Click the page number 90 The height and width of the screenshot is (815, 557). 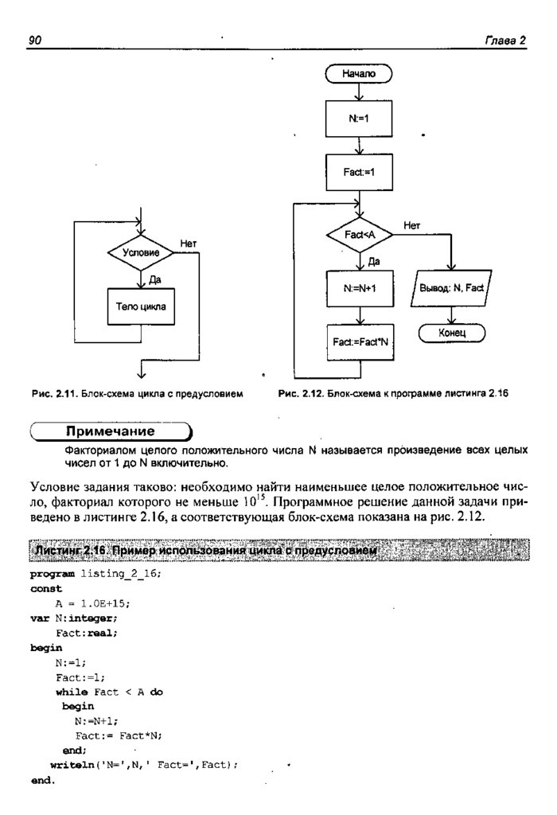[35, 41]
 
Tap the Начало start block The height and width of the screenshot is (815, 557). [359, 74]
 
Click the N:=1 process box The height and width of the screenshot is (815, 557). [359, 119]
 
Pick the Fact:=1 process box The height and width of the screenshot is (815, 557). [359, 173]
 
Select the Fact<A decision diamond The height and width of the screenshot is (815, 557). [359, 236]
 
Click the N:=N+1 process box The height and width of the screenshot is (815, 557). [359, 289]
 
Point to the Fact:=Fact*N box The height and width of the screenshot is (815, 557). [359, 342]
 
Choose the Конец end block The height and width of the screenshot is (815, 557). [452, 330]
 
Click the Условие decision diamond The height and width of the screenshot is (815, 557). [141, 253]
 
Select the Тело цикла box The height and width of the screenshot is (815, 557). [141, 306]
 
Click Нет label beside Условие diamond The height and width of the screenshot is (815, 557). [189, 244]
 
